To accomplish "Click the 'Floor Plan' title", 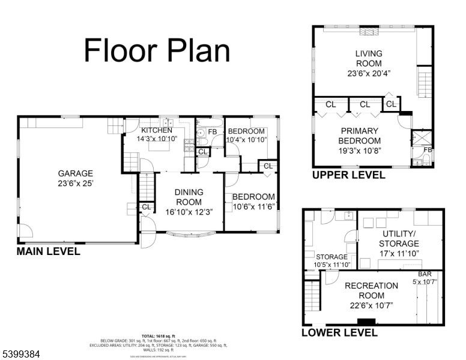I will point(157,50).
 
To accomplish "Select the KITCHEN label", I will point(156,130).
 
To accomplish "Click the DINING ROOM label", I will point(189,197).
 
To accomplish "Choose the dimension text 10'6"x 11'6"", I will point(253,207).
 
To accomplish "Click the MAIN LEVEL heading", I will point(48,251).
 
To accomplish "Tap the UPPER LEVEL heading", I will point(348,175).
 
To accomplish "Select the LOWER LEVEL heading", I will point(339,332).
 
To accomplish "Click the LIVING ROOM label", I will point(368,59).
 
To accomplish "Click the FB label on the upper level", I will point(428,150).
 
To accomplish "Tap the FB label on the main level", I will point(212,131).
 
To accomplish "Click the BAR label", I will point(425,274).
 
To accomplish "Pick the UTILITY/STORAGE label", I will point(399,238).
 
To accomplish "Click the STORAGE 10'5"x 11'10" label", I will point(332,260).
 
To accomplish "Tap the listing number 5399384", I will point(20,354).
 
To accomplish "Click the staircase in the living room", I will point(424,83).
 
